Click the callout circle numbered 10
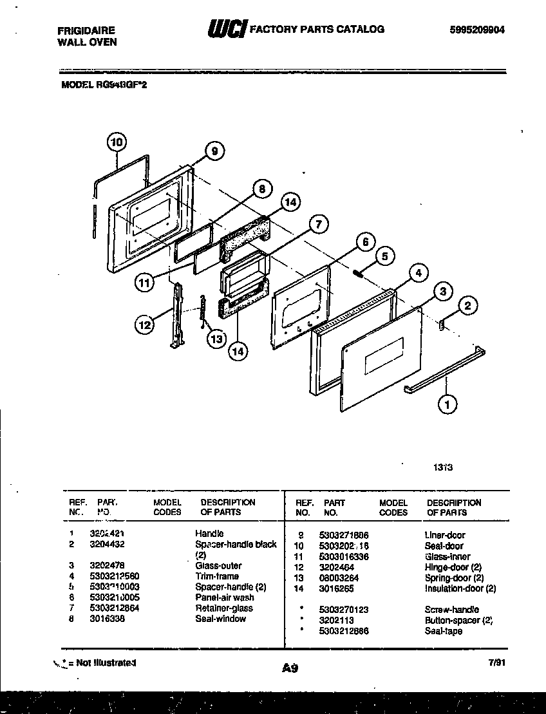point(117,142)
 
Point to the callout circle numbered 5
point(385,256)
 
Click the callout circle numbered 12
point(145,325)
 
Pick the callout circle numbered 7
point(317,225)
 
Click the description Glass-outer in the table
point(218,565)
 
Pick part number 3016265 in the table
point(337,588)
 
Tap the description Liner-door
point(444,535)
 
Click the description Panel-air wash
point(224,597)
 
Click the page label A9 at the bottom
point(289,669)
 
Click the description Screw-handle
point(451,610)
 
